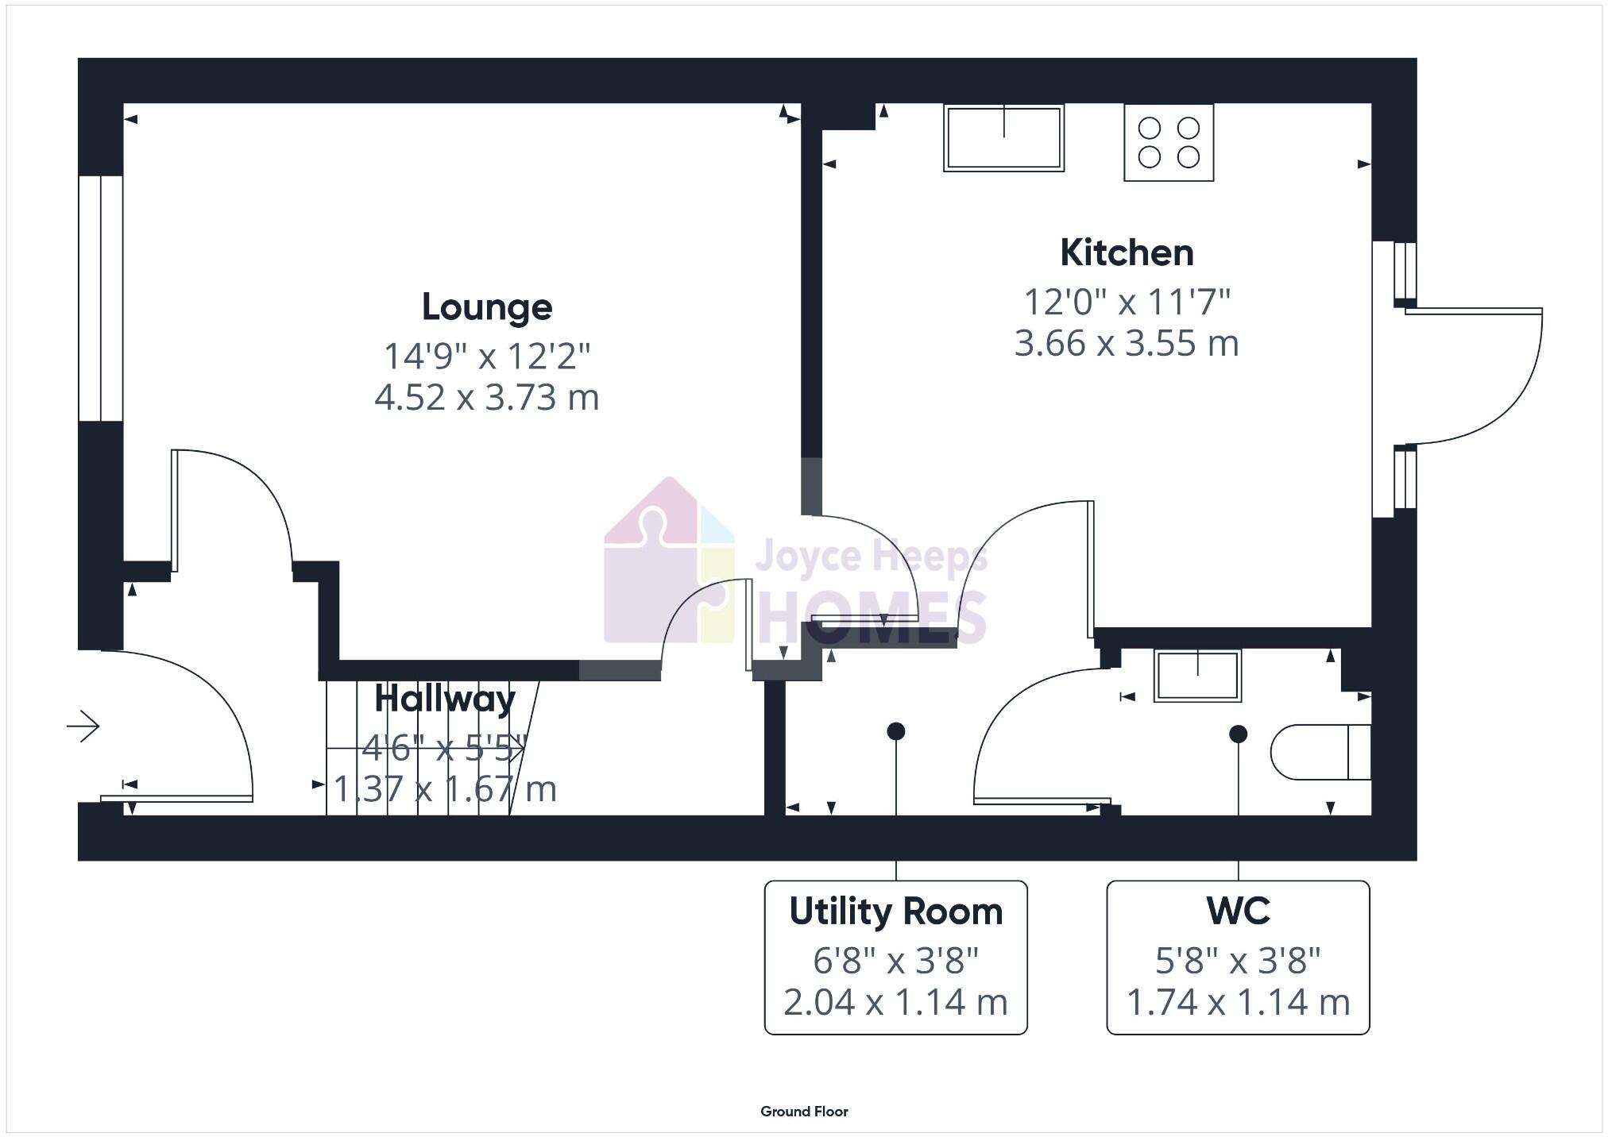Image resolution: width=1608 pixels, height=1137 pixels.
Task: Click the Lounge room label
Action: pos(486,307)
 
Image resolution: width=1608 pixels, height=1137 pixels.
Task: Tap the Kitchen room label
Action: pos(1126,253)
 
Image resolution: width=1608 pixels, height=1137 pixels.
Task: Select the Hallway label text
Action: pos(445,699)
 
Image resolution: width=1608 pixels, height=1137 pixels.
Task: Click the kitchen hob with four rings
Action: pos(1168,143)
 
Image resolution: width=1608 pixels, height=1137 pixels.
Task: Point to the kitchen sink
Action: pos(1003,138)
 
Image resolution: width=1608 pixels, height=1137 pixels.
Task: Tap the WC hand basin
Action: pos(1197,676)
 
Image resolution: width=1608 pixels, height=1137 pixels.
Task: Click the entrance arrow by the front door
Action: pos(83,726)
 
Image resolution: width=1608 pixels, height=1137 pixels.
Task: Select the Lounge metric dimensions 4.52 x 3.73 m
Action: pos(486,397)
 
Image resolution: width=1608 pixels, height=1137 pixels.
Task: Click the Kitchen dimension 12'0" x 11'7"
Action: pos(1126,303)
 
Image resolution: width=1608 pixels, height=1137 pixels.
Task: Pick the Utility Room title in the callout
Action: pos(895,912)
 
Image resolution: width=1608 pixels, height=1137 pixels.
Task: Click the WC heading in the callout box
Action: pos(1237,912)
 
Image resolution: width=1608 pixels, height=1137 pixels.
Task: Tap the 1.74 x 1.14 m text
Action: pos(1237,1002)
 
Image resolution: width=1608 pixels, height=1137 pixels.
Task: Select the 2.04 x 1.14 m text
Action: pos(895,1002)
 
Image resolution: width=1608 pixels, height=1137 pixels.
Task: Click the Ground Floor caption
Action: pos(804,1112)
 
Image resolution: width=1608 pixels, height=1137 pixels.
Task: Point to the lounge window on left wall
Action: pos(101,298)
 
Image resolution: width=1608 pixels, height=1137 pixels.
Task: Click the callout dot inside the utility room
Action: pos(895,731)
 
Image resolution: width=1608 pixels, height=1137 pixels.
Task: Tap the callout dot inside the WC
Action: pos(1238,734)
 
